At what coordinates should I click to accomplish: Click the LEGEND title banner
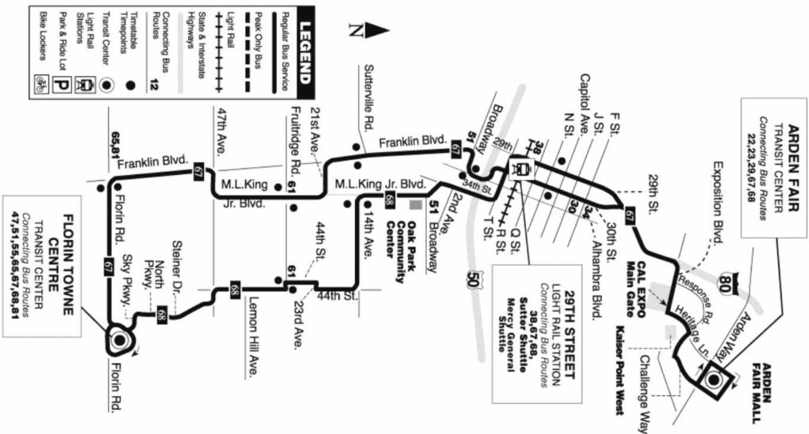305,51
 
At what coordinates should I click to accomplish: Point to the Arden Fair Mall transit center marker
713,379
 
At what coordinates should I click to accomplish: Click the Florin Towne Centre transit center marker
119,340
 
